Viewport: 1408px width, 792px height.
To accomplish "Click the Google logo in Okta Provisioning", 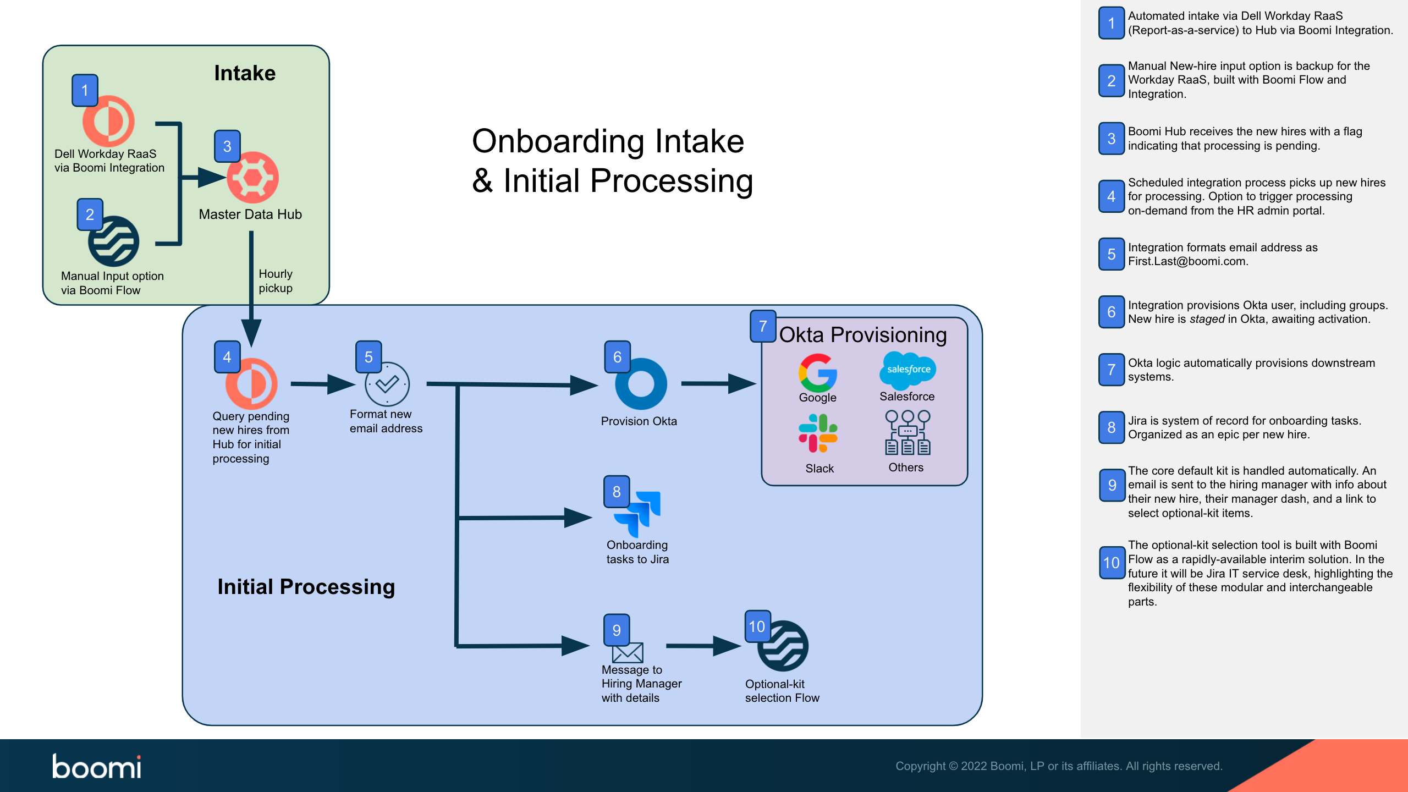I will tap(818, 373).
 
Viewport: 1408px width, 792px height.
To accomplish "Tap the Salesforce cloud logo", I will tap(908, 370).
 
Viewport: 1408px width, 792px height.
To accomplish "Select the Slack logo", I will tap(818, 433).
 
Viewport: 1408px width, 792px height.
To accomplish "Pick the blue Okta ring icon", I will tap(641, 384).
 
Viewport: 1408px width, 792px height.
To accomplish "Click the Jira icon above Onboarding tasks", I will tap(638, 514).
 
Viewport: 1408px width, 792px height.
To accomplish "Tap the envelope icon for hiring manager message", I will tap(628, 653).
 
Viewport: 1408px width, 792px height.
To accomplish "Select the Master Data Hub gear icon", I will tap(252, 178).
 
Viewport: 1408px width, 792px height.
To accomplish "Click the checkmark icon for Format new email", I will tap(387, 384).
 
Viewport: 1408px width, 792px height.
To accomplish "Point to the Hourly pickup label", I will tap(276, 281).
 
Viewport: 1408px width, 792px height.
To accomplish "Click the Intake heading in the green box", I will tap(245, 73).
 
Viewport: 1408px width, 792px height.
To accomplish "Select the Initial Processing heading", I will tap(306, 587).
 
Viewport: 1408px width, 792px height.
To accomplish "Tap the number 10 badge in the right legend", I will tap(1112, 563).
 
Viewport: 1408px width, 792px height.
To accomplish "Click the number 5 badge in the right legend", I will tap(1112, 254).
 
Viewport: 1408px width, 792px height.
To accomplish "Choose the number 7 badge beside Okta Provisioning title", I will tap(763, 326).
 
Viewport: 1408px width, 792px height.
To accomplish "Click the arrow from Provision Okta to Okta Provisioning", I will tap(718, 383).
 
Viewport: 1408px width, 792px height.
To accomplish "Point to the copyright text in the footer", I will tap(1058, 766).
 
